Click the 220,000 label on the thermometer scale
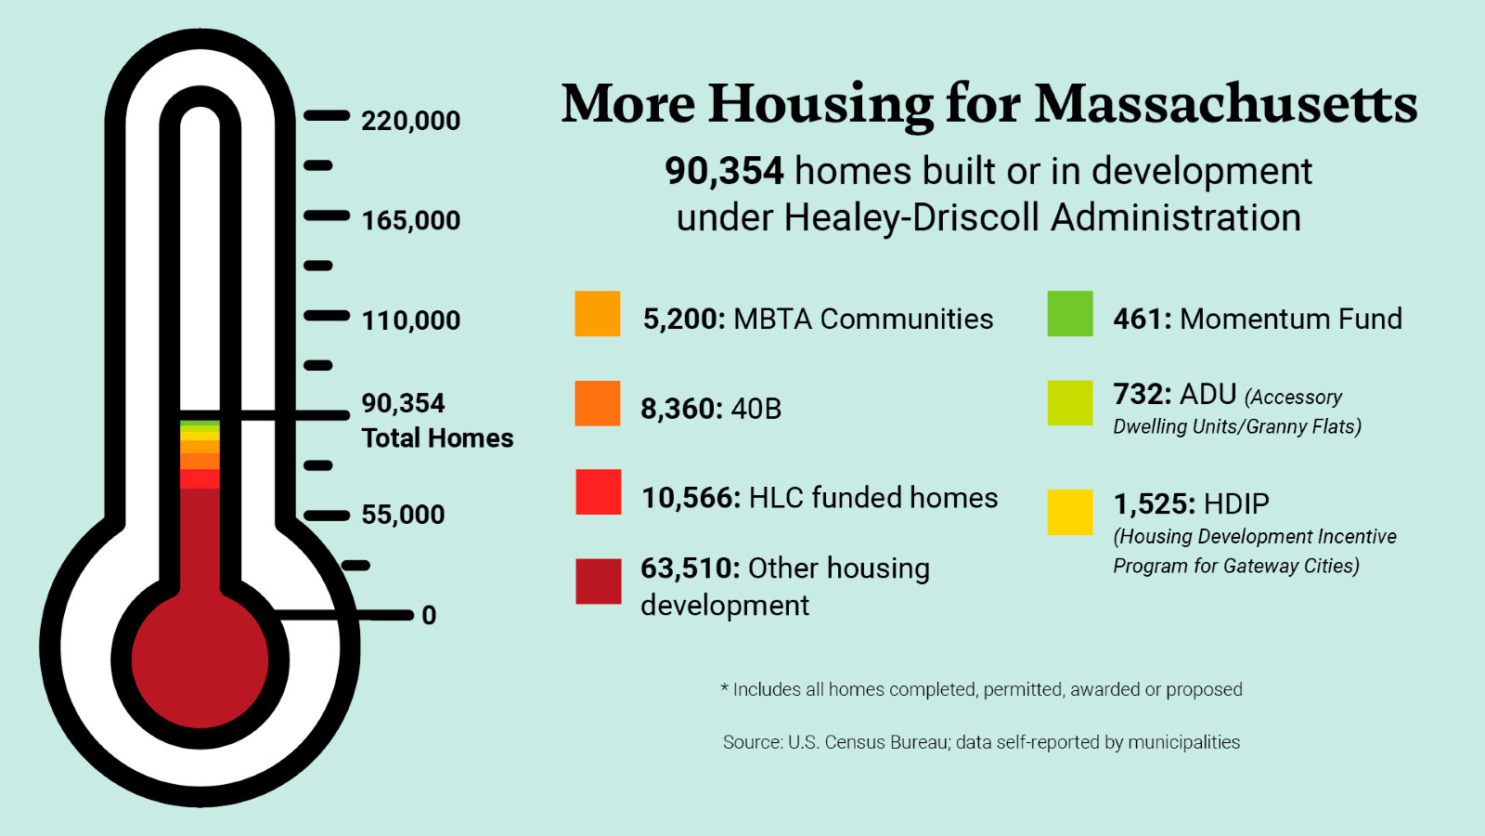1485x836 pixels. pos(410,121)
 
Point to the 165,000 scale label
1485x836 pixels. pos(410,221)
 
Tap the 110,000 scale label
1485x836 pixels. pos(410,320)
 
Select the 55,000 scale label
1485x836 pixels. pos(403,515)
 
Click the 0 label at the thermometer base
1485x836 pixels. pos(429,615)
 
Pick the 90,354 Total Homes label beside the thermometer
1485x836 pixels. pos(436,421)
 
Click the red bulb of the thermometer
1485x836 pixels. pos(200,660)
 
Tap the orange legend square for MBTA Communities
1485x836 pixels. pos(598,314)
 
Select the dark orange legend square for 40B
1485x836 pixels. pos(598,403)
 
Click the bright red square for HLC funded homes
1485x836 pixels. pos(598,492)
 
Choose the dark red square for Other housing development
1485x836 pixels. pos(598,581)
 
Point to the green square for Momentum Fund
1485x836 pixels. pos(1070,314)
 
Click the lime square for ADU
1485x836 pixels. pos(1070,403)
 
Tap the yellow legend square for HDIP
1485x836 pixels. pos(1070,512)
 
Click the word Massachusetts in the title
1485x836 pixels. pos(1226,103)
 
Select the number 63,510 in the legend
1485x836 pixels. pos(690,568)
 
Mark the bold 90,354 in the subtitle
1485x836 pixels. pos(724,171)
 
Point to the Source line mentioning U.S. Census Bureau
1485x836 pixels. pos(981,742)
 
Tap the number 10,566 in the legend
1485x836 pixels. pos(691,498)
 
